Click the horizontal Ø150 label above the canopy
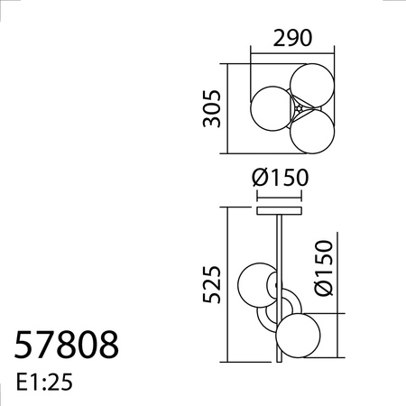[x=281, y=178]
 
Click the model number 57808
[x=66, y=345]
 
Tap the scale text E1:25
[x=44, y=382]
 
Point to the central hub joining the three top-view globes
[x=297, y=108]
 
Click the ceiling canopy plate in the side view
[x=281, y=212]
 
